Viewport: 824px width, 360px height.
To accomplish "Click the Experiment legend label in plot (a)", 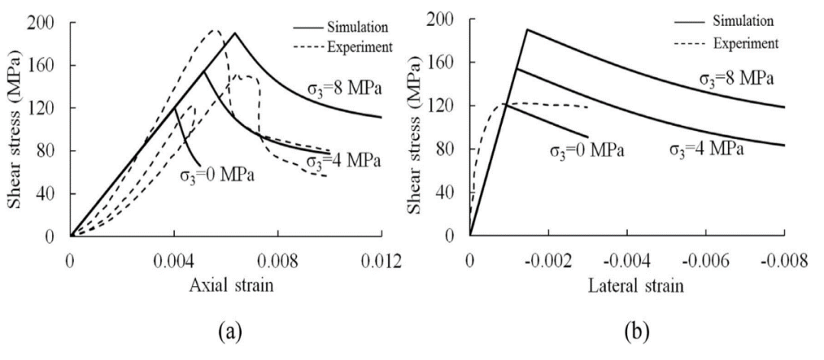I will coord(359,46).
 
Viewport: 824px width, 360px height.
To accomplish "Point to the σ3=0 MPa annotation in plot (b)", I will coord(587,149).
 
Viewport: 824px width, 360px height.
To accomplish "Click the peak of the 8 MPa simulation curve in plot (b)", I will coord(526,29).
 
